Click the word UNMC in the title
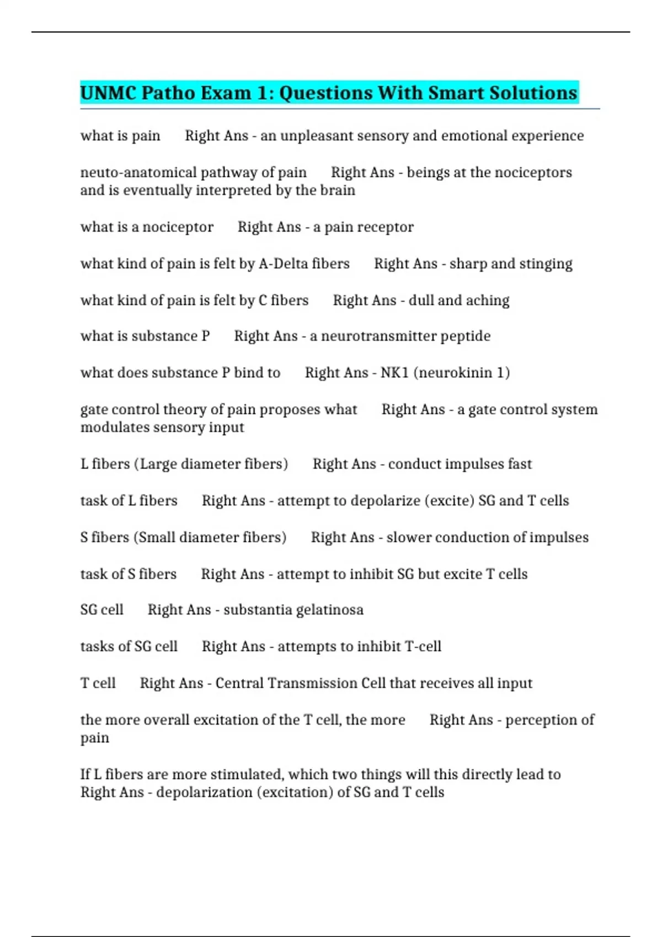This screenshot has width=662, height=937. tap(108, 93)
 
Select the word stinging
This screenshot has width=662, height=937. tap(546, 264)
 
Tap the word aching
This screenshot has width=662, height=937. tap(488, 300)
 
